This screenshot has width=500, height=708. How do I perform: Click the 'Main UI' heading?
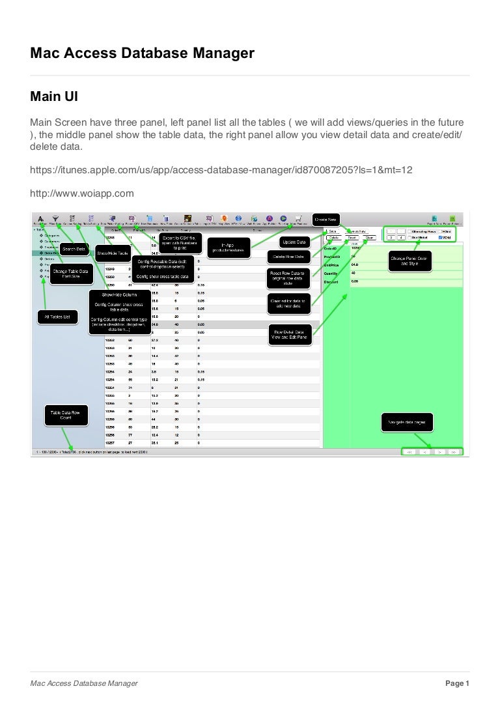point(55,97)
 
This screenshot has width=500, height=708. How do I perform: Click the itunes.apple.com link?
point(221,169)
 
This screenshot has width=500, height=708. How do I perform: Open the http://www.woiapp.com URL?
point(82,193)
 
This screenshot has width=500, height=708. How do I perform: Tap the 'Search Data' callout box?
point(74,249)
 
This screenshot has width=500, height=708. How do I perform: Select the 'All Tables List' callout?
point(57,317)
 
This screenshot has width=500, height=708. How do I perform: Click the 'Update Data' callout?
point(293,242)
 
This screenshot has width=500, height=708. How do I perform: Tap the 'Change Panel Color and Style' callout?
point(412,261)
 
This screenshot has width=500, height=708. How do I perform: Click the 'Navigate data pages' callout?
point(407,423)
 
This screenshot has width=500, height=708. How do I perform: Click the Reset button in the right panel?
point(351,238)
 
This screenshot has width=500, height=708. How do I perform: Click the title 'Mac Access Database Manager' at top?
point(142,54)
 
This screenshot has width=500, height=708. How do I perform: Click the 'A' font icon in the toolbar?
point(41,219)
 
